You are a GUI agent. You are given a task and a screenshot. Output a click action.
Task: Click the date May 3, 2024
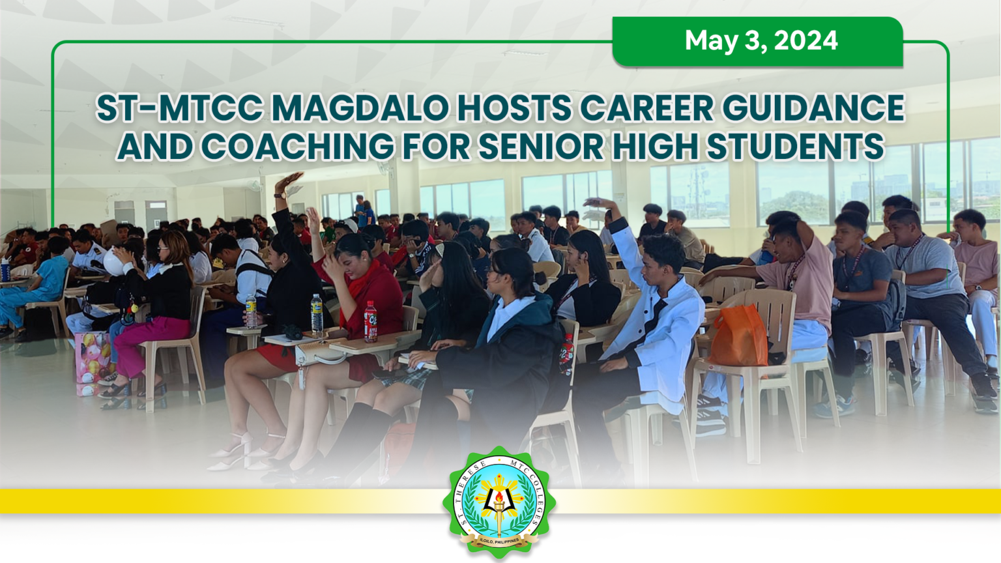(761, 41)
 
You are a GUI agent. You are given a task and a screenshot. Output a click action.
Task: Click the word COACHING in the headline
(297, 147)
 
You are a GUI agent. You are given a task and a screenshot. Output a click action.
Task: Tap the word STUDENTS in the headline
(795, 147)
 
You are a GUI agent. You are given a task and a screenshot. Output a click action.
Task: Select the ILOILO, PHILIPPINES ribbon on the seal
(500, 540)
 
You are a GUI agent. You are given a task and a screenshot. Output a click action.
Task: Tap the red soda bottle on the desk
(370, 322)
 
